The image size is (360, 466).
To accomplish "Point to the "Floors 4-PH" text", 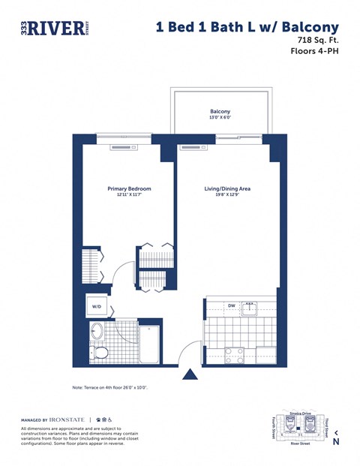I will [x=313, y=52].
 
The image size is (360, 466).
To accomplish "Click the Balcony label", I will [x=220, y=111].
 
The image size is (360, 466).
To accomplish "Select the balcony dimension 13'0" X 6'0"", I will [x=220, y=118].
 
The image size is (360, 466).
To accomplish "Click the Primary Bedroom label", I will [x=129, y=189].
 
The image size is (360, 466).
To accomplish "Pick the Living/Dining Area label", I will [x=226, y=189].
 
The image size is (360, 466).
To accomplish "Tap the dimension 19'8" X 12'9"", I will [x=226, y=195].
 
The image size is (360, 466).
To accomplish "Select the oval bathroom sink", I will [x=97, y=331].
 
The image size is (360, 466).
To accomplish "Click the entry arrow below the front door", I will [x=191, y=374].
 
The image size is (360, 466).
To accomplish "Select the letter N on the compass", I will [x=336, y=442].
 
